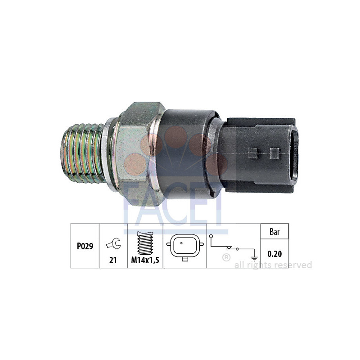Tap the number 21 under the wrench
[x=113, y=261]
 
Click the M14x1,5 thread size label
[x=145, y=261]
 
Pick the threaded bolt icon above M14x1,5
[x=145, y=242]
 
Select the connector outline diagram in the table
[x=184, y=246]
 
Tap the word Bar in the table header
[x=274, y=232]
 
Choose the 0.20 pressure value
[x=274, y=254]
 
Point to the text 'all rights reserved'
[x=273, y=265]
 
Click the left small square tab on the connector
[x=253, y=153]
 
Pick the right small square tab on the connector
[x=274, y=153]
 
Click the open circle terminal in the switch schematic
[x=211, y=236]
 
